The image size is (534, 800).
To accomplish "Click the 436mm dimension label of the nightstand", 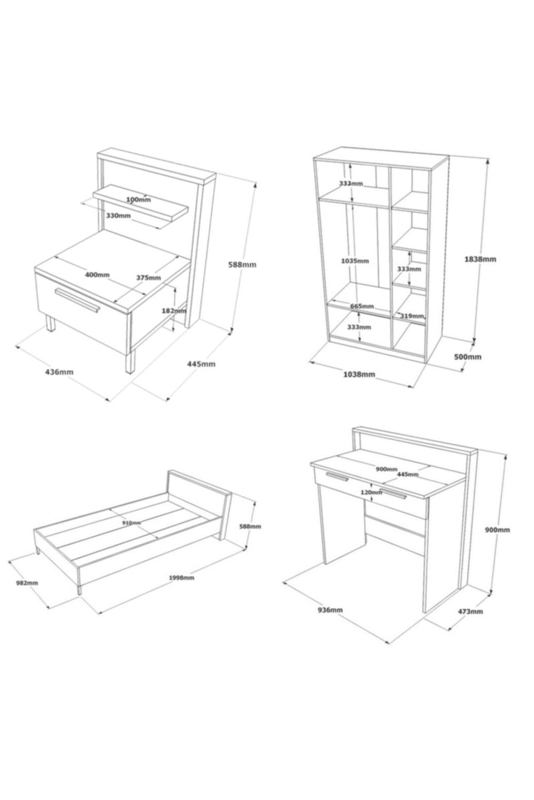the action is tap(59, 372).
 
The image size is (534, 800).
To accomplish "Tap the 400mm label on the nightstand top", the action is tap(97, 275).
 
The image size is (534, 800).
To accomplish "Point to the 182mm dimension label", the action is tap(174, 311).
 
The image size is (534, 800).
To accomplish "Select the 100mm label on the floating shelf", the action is tap(138, 199).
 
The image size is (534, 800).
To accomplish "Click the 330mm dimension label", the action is tap(119, 215).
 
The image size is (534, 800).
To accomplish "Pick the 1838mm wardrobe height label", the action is tap(480, 259).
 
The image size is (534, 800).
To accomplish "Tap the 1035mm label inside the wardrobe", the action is tap(355, 261).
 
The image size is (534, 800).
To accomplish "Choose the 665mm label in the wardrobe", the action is tap(362, 306).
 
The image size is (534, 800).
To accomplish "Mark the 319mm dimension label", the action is tap(412, 316).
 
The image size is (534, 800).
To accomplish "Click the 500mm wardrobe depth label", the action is tap(467, 357).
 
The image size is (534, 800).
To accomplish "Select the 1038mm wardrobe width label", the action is tap(359, 374).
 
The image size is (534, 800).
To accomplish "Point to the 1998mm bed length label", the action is tap(182, 578).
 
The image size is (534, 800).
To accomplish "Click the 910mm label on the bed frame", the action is tap(131, 523).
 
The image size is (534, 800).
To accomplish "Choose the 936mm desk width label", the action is tap(330, 610).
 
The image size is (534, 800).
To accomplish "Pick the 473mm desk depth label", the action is tap(470, 611).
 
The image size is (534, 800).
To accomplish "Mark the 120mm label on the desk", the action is tap(371, 492).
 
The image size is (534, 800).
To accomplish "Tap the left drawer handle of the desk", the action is tap(336, 476).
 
